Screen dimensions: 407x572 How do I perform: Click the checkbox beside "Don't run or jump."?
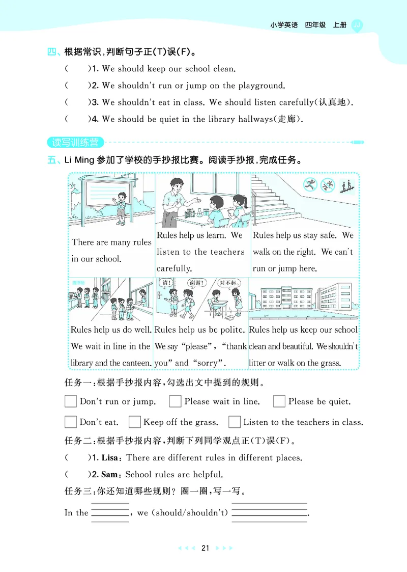pyautogui.click(x=71, y=401)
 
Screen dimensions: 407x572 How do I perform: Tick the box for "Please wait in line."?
pyautogui.click(x=176, y=401)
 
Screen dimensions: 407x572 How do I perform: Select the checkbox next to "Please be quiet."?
pyautogui.click(x=279, y=401)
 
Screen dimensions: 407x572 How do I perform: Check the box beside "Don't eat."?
pyautogui.click(x=71, y=422)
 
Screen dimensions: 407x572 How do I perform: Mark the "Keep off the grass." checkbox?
pyautogui.click(x=134, y=422)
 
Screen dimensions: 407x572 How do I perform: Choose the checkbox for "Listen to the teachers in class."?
pyautogui.click(x=235, y=422)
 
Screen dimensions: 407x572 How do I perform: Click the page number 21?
pyautogui.click(x=206, y=548)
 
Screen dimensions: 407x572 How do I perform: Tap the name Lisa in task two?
pyautogui.click(x=109, y=457)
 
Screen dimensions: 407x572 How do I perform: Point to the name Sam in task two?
pyautogui.click(x=109, y=474)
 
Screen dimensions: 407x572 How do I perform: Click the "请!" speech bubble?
pyautogui.click(x=166, y=283)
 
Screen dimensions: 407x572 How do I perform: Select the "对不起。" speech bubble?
pyautogui.click(x=229, y=283)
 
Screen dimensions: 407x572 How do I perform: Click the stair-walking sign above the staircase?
pyautogui.click(x=348, y=185)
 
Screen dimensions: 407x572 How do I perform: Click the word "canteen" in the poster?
pyautogui.click(x=136, y=363)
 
